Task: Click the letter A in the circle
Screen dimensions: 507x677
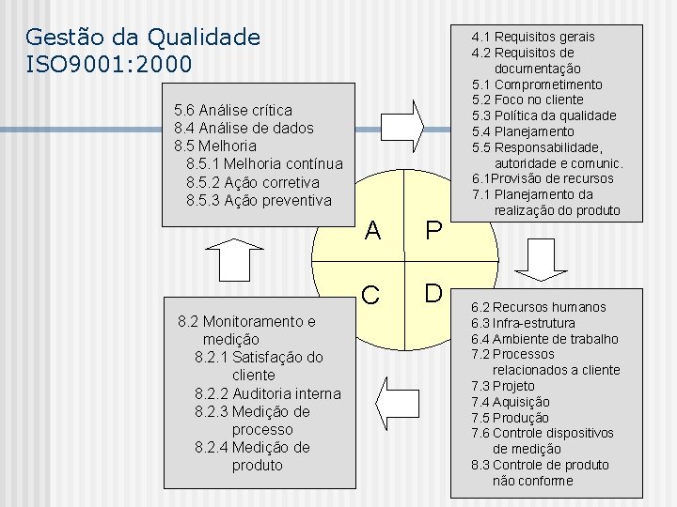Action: coord(372,231)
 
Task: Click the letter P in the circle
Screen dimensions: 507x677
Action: coord(433,231)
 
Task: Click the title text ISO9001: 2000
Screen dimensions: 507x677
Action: coord(109,65)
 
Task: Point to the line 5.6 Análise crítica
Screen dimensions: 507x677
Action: coord(233,110)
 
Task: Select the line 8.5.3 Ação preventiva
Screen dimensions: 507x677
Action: coord(259,200)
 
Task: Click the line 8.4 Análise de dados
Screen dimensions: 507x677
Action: coord(244,128)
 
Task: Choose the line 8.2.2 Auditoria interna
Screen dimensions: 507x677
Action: coord(268,393)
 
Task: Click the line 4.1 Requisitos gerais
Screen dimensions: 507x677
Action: coord(533,37)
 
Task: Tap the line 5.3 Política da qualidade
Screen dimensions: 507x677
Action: coord(544,115)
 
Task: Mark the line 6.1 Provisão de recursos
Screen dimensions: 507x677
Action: coord(543,178)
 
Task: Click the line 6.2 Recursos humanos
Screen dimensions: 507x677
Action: coord(539,307)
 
